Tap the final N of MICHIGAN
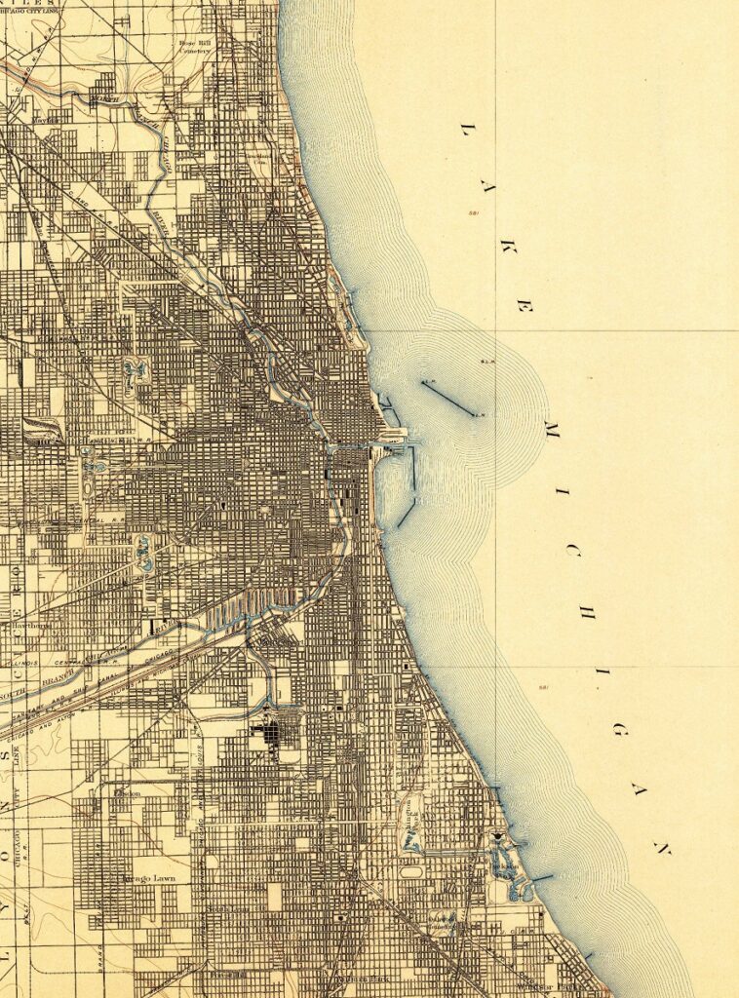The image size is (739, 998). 662,848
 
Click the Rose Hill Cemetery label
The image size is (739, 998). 196,48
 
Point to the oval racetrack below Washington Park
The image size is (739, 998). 413,871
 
